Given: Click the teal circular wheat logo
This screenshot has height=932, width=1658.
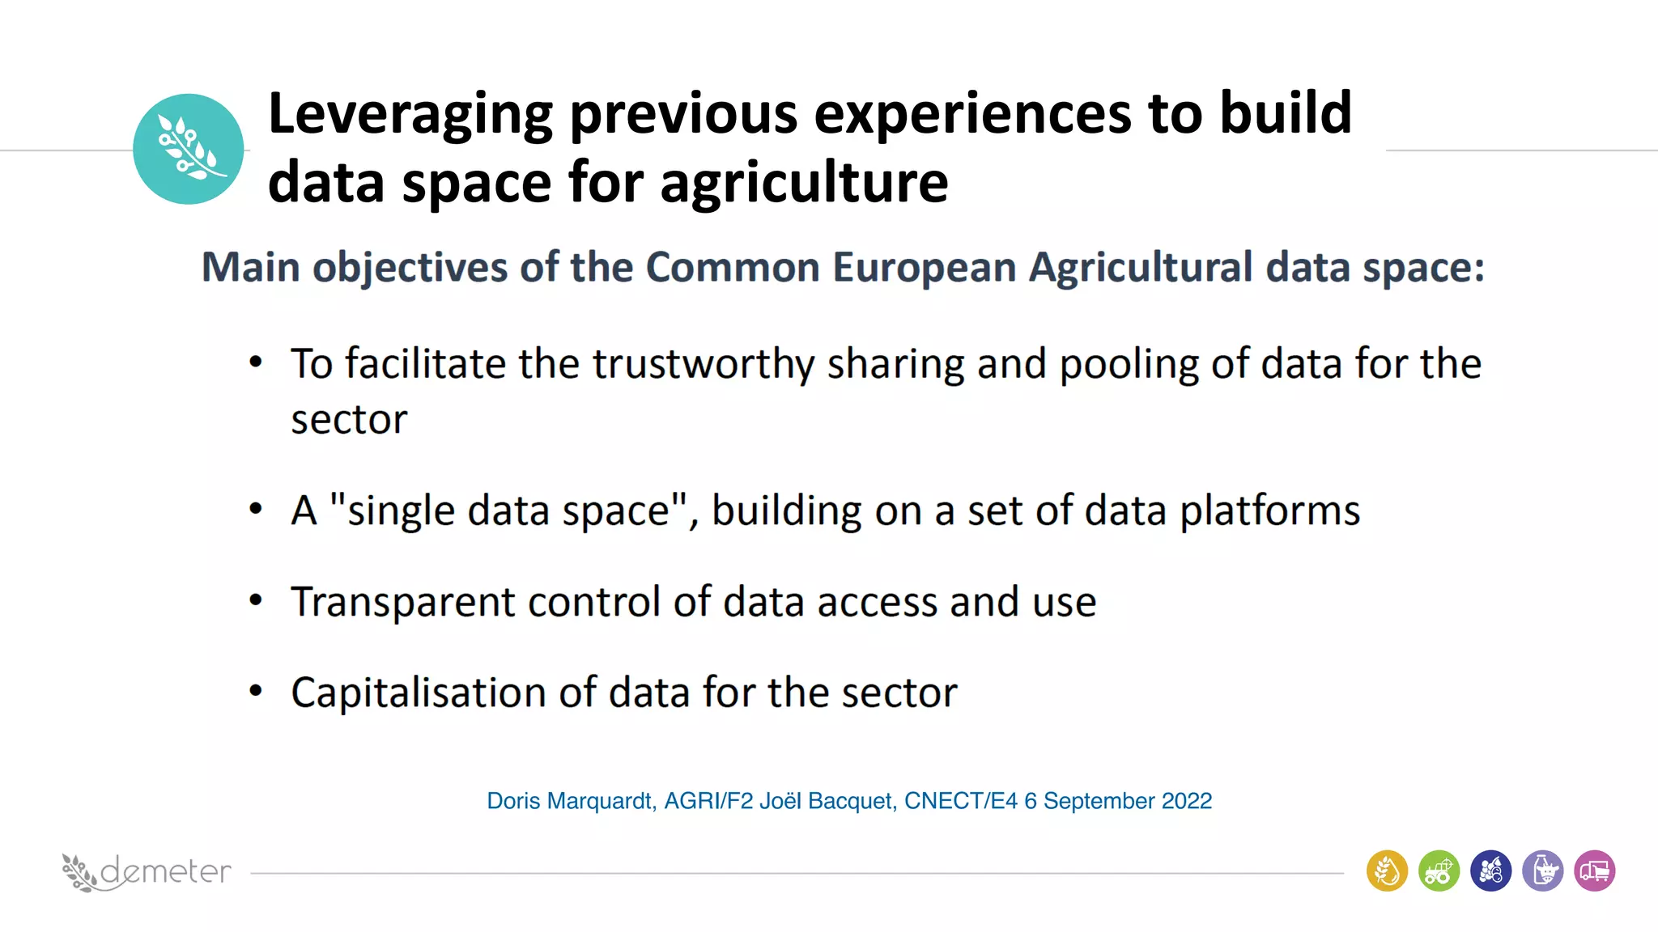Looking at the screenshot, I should pos(188,149).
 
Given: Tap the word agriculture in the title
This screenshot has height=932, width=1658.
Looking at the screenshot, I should pos(804,182).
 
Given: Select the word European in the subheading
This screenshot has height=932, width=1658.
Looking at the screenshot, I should pos(924,267).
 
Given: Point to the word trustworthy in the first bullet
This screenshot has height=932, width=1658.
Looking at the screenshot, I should pos(703,364).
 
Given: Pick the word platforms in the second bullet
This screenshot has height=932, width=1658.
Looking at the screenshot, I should pos(1269,511).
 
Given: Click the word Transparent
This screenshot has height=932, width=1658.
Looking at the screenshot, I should pos(402,603).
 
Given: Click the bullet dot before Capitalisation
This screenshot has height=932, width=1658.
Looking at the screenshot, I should pos(256,691).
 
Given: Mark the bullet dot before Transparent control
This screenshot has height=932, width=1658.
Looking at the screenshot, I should pos(256,600).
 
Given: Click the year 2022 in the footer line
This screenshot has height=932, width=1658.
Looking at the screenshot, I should pos(1186,801).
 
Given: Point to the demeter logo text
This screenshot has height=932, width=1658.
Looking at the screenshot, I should pos(165,871).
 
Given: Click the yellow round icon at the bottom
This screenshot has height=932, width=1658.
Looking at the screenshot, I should pos(1387,871).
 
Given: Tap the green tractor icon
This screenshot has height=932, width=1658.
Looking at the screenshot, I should pos(1439,871).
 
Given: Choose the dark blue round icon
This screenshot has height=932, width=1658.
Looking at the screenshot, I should pos(1490,871).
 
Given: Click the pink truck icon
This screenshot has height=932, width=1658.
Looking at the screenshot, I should pos(1594,871).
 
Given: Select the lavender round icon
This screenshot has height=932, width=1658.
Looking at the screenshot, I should pos(1542,871).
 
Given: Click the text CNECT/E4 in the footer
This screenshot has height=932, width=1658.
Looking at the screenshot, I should pos(960,801).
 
